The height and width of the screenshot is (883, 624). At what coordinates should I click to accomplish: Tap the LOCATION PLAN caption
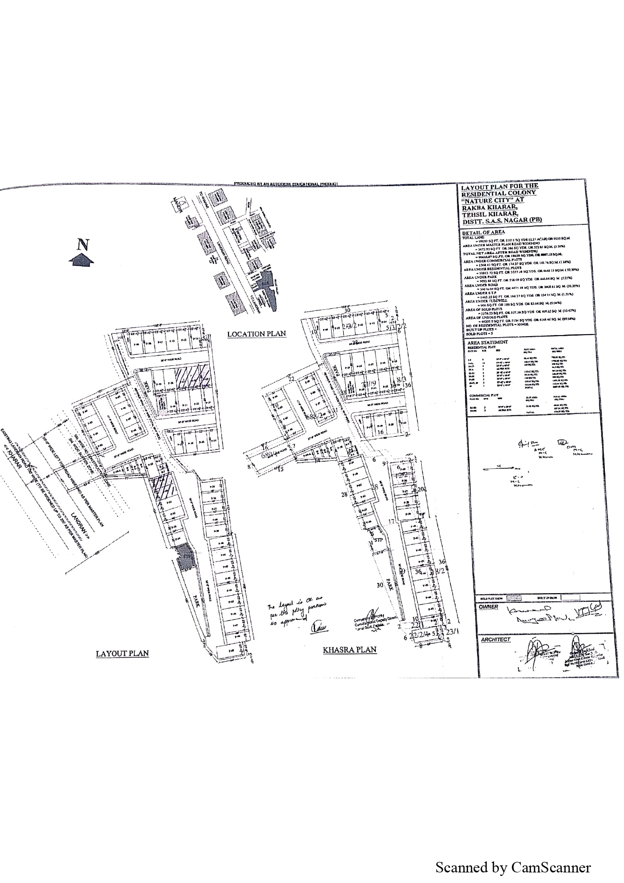pos(256,334)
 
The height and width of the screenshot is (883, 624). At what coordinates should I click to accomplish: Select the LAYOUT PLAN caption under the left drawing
pos(122,654)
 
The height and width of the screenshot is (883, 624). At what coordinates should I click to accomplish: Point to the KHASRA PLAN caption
pos(349,650)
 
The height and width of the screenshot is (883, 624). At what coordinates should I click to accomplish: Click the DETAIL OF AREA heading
pos(483,232)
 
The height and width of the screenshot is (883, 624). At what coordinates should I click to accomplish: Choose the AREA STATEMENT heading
pos(487,342)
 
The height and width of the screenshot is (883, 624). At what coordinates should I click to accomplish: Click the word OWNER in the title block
pos(488,607)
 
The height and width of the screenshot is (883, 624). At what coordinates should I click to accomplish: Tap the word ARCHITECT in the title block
pos(496,639)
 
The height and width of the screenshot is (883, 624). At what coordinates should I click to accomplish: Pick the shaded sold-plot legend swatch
pos(514,597)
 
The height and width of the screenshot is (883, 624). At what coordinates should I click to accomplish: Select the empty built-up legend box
pos(570,597)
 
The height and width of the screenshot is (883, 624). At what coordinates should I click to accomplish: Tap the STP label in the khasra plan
pos(379,539)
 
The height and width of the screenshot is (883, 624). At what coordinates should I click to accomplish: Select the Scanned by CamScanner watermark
pos(512,867)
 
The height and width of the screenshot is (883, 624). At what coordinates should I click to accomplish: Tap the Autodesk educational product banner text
pos(285,184)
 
